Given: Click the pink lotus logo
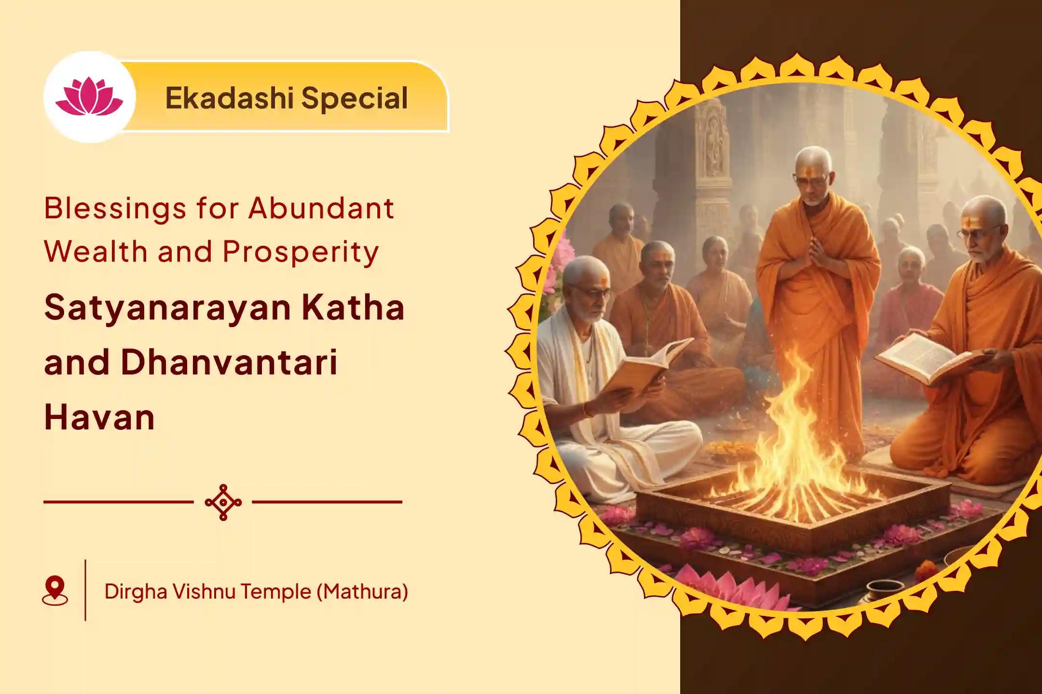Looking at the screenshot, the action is (89, 97).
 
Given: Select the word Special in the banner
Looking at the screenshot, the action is (355, 99).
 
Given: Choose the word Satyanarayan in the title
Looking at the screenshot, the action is (167, 309).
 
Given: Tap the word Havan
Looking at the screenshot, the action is (99, 417).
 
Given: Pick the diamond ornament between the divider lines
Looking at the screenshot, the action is (223, 502).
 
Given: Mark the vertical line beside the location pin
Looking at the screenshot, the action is (85, 590).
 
